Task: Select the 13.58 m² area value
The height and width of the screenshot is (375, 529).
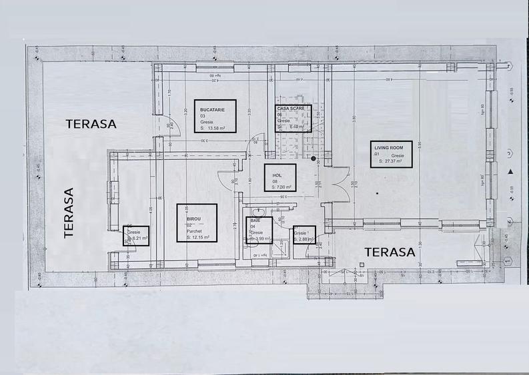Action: [216, 128]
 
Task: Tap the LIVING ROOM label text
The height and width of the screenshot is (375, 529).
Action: [388, 148]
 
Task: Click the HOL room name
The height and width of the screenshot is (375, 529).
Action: [276, 175]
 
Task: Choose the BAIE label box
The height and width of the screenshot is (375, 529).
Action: [259, 230]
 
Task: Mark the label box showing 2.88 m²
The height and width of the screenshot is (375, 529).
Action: [304, 235]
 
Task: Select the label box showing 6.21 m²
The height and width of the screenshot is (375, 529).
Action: [135, 235]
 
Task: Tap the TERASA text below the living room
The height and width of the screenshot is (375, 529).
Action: [390, 252]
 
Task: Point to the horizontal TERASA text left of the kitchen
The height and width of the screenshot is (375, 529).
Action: [91, 123]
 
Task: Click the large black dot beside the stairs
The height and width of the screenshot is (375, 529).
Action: [314, 159]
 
